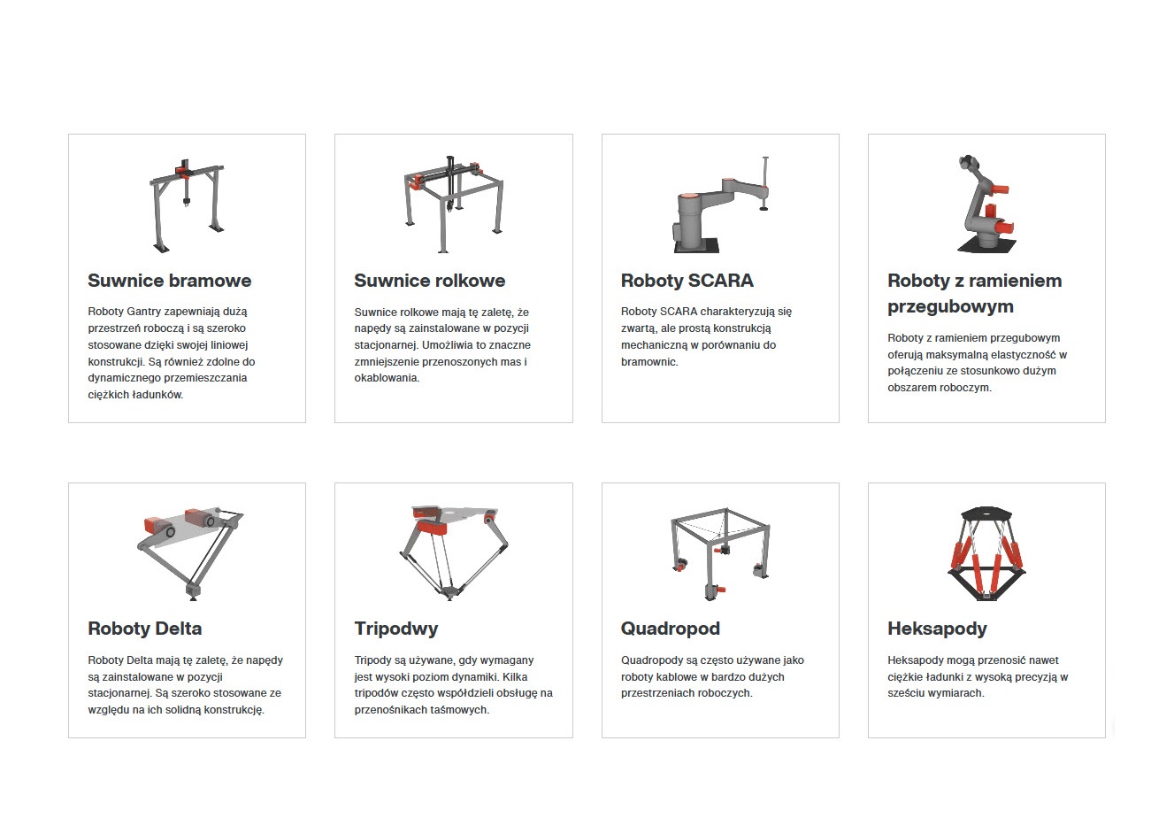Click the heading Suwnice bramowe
click(169, 281)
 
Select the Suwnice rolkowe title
click(429, 281)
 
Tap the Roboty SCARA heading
click(687, 281)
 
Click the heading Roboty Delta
click(145, 629)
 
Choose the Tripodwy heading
click(396, 629)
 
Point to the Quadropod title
click(671, 629)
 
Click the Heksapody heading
click(937, 629)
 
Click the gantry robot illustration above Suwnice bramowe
click(187, 206)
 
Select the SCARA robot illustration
click(721, 205)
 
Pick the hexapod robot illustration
click(986, 553)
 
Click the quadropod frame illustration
click(720, 553)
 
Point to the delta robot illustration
click(189, 553)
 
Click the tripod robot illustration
click(454, 553)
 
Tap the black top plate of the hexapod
click(986, 513)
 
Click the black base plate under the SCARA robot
click(696, 246)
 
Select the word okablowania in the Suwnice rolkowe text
click(387, 378)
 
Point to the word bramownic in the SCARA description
click(649, 362)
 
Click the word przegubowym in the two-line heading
click(950, 306)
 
